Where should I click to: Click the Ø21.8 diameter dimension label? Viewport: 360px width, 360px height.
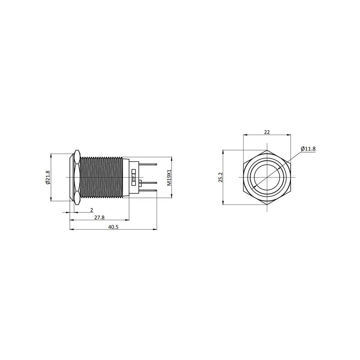[x=48, y=177]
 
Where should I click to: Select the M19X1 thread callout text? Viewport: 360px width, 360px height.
[x=169, y=178]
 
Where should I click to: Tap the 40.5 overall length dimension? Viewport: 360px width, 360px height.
[x=113, y=227]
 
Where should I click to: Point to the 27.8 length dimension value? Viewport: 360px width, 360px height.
[x=99, y=217]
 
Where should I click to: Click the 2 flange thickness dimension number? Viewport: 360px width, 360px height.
[x=91, y=210]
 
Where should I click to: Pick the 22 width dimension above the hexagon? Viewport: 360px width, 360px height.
[x=267, y=132]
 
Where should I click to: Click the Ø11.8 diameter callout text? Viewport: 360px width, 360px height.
[x=308, y=149]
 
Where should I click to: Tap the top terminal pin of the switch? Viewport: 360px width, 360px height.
[x=148, y=164]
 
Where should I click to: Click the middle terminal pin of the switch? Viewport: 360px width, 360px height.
[x=149, y=182]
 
